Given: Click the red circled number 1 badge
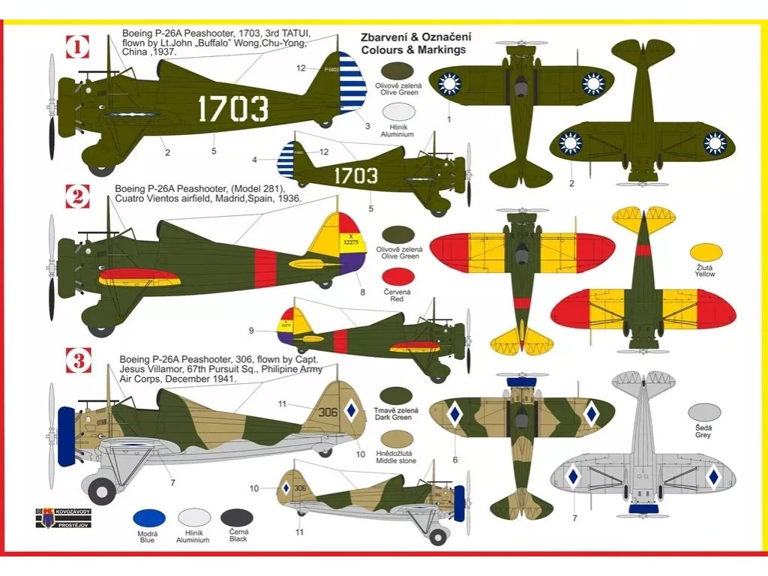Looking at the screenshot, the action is click(x=78, y=48).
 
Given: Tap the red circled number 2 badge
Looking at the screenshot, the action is click(x=78, y=197).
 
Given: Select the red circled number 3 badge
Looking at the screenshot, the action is click(x=78, y=361).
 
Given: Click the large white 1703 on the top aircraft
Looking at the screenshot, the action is click(x=232, y=109).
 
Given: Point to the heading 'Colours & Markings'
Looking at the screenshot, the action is click(x=413, y=50).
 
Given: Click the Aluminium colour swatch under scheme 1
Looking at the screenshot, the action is click(x=398, y=112).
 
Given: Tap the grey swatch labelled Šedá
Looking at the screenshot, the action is click(x=704, y=412).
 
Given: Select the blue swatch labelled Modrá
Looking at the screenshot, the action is click(x=149, y=517).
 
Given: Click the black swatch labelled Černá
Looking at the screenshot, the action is click(x=237, y=517).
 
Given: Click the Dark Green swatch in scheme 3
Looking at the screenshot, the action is click(x=398, y=395).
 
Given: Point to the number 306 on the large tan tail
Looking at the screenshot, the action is click(x=328, y=412).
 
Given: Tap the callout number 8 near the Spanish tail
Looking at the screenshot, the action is click(x=362, y=292).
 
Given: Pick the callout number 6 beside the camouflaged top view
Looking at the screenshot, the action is click(x=454, y=460).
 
